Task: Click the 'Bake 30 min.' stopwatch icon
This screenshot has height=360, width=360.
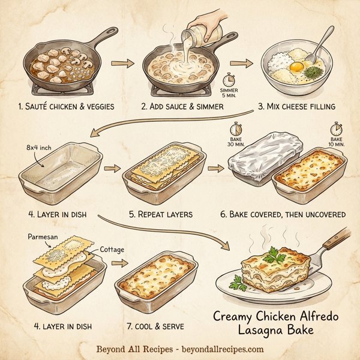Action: (x=236, y=129)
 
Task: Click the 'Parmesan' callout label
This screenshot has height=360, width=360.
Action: (x=44, y=236)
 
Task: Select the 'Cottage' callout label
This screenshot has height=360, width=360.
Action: (x=112, y=249)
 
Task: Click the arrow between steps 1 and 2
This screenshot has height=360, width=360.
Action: (x=121, y=63)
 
